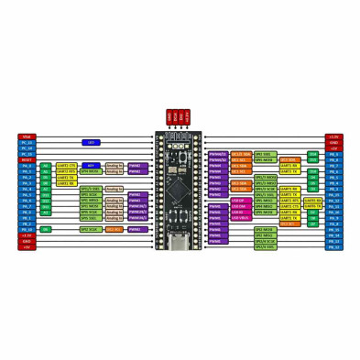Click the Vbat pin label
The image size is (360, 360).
[x=26, y=137]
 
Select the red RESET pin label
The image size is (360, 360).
[x=26, y=159]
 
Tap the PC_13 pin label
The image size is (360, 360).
[x=26, y=143]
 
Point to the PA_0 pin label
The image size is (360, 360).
[x=26, y=165]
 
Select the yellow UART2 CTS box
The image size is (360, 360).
[x=66, y=166]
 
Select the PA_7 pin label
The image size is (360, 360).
[x=26, y=206]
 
